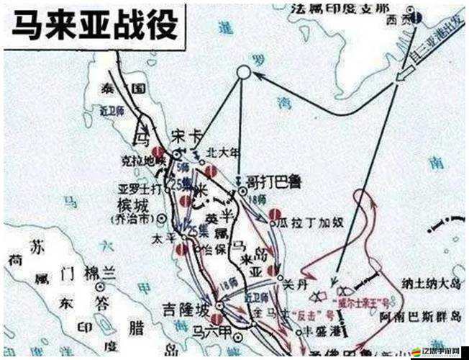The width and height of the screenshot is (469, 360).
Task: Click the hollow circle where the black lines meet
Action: pyautogui.click(x=243, y=73)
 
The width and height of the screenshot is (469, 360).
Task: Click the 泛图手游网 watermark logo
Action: pyautogui.click(x=434, y=351)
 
